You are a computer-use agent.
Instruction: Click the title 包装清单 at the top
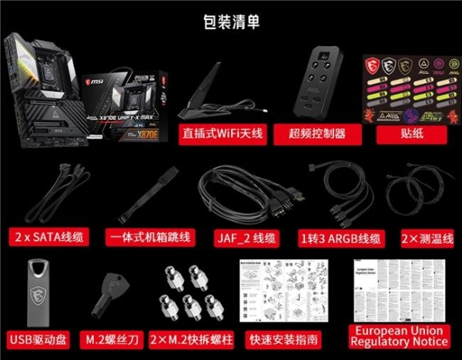(x=230, y=23)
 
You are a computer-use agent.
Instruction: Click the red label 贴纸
(x=402, y=133)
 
